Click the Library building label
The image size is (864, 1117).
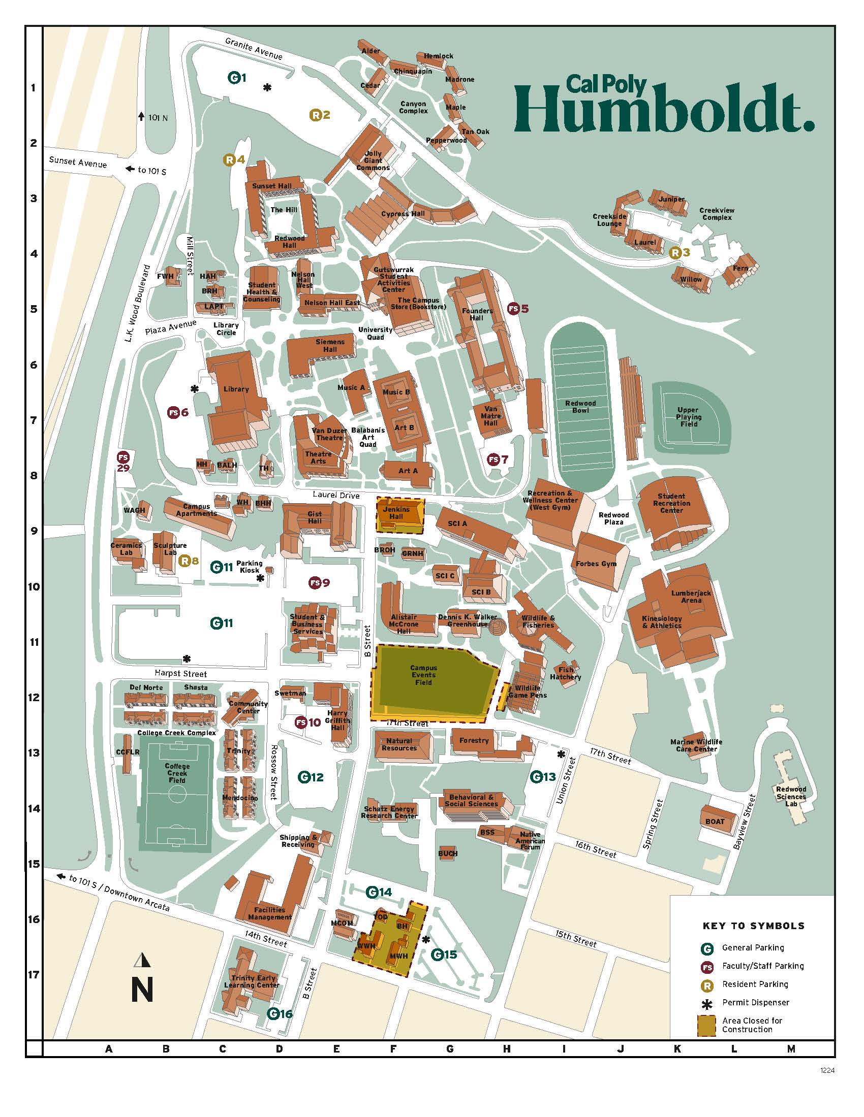pos(236,389)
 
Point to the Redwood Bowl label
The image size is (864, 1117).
pos(580,407)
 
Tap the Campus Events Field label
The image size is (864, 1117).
pos(423,675)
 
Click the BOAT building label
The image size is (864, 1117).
pos(715,822)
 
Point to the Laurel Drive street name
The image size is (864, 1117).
pos(336,495)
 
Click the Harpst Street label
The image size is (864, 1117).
pos(180,674)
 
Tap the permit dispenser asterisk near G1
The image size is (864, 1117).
pos(267,87)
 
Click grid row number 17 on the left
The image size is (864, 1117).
pos(34,974)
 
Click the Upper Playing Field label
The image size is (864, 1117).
pos(688,417)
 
